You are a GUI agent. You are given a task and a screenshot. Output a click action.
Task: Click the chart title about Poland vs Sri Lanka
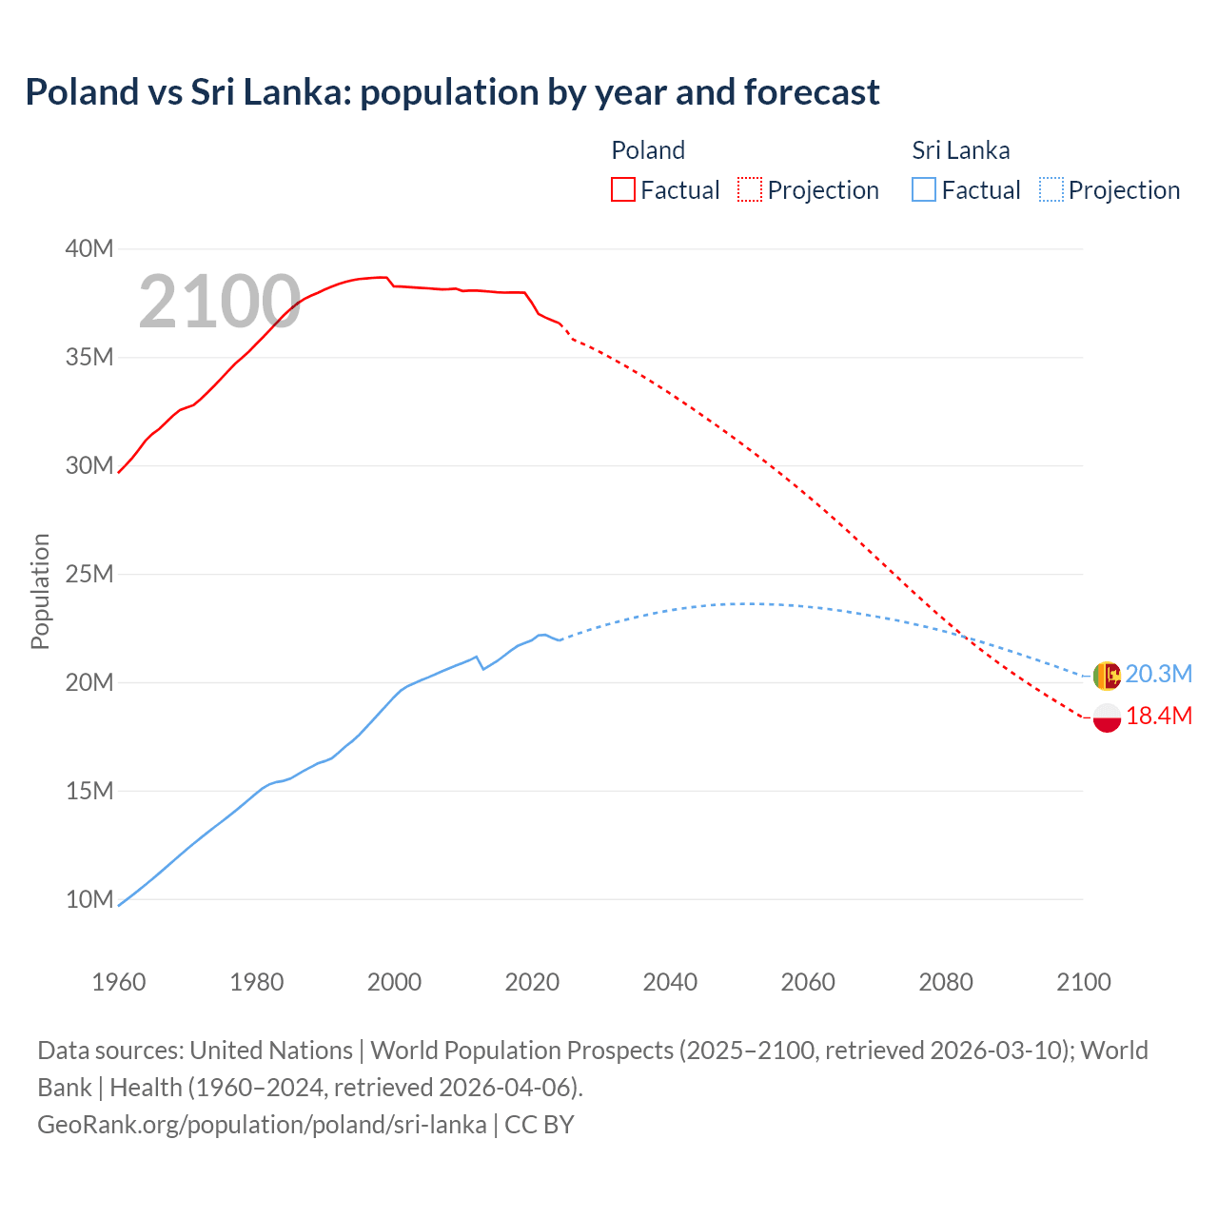(x=452, y=92)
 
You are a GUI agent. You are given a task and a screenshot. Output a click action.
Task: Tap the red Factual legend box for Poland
(x=622, y=189)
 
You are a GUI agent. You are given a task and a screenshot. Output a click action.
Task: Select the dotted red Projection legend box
(x=750, y=189)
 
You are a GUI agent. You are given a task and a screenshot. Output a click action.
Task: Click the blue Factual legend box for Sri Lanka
(x=923, y=189)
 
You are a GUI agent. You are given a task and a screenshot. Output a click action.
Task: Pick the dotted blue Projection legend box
(x=1051, y=189)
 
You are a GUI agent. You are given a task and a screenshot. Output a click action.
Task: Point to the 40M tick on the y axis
(x=89, y=248)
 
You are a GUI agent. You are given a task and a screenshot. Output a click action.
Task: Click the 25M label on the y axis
(x=89, y=574)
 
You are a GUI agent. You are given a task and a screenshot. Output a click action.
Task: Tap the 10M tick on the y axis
(x=89, y=899)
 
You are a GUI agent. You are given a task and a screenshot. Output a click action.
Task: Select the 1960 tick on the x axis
(x=119, y=982)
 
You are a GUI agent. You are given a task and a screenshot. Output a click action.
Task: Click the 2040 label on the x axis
(x=670, y=982)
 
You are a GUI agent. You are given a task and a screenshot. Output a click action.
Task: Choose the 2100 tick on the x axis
(x=1083, y=982)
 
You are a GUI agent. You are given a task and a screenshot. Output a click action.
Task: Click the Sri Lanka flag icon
(x=1107, y=676)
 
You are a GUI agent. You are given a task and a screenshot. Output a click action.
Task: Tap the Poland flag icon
(x=1107, y=718)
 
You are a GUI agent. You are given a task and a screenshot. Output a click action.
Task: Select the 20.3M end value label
(x=1158, y=675)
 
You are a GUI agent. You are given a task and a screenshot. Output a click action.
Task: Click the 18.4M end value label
(x=1158, y=717)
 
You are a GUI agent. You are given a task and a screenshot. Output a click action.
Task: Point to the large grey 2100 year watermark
(x=220, y=303)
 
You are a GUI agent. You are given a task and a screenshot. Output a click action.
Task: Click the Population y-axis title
(x=40, y=591)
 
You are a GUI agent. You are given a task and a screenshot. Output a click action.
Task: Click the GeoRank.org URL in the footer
(x=262, y=1124)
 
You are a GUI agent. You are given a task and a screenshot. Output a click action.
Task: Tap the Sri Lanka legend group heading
(x=960, y=150)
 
